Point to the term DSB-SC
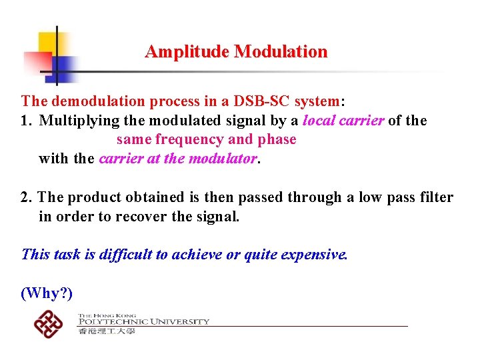(x=265, y=101)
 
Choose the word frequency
(x=191, y=139)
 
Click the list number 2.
(x=25, y=197)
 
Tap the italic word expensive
(x=314, y=254)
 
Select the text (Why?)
(x=46, y=293)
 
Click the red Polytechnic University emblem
(x=49, y=325)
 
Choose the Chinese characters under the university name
(x=107, y=331)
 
